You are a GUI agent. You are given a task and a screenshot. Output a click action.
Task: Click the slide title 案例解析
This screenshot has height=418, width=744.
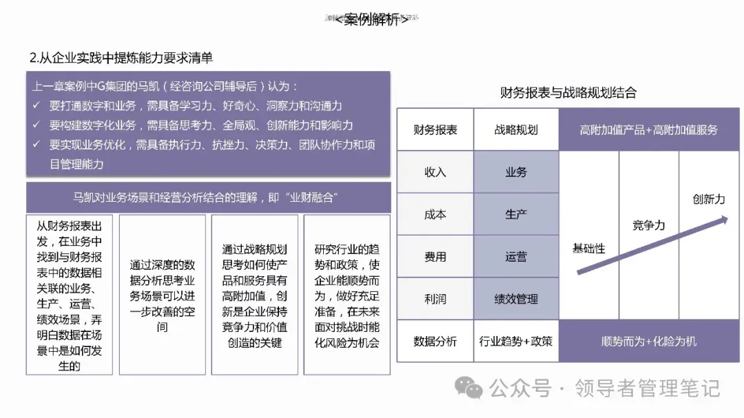tap(371, 20)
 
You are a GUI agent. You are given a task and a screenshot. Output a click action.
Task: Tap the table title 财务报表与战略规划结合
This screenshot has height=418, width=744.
tap(568, 93)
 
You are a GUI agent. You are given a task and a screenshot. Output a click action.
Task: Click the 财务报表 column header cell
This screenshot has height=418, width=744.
tap(435, 129)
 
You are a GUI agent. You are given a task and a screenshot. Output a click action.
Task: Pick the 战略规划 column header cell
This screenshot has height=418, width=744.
tap(516, 129)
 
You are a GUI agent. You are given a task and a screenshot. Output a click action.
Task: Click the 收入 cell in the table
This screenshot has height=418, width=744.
tap(435, 172)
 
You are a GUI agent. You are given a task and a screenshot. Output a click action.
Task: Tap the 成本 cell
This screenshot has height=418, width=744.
tap(435, 214)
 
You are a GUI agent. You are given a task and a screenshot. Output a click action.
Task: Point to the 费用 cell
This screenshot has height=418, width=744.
tap(435, 257)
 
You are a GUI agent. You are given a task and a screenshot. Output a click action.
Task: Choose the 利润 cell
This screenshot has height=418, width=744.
tap(435, 299)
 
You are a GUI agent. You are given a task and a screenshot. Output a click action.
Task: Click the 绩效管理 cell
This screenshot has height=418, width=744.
tap(516, 299)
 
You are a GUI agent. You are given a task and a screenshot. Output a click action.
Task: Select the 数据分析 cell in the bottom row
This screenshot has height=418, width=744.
tap(435, 341)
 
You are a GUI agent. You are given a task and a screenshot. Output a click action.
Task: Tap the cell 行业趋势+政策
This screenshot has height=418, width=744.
tap(516, 341)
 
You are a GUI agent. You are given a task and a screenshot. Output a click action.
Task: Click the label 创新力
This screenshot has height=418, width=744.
tap(709, 199)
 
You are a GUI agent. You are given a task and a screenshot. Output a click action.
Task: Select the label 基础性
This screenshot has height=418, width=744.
tap(589, 248)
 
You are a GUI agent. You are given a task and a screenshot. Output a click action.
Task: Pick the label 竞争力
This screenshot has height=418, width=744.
tap(649, 225)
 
